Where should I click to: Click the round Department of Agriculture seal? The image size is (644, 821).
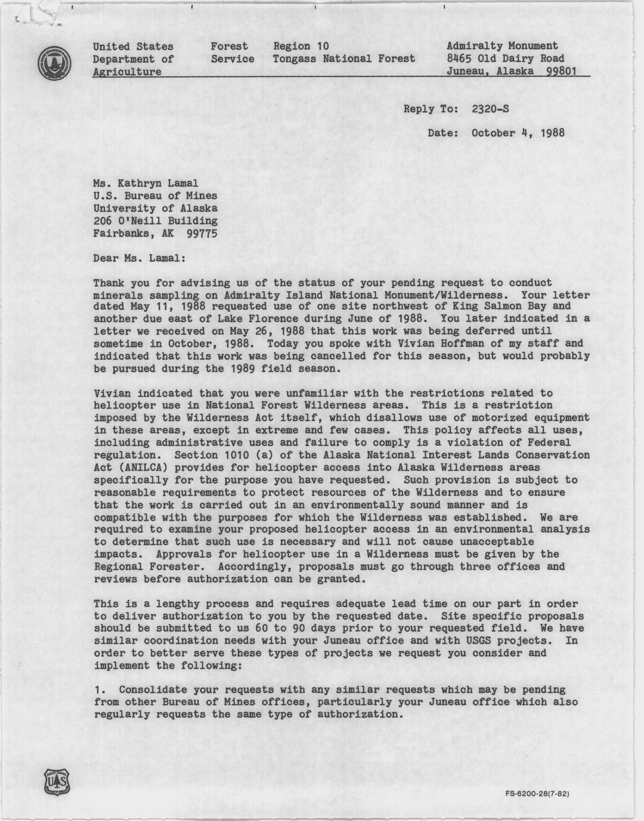coord(55,63)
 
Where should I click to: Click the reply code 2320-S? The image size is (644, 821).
coord(490,109)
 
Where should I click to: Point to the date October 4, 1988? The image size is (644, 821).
coord(518,133)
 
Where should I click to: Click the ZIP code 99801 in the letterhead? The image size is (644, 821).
coord(561,71)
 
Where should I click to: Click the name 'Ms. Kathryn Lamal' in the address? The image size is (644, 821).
coord(146,184)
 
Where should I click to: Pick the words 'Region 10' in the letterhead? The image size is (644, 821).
coord(301,46)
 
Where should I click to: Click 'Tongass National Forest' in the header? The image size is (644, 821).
coord(344,59)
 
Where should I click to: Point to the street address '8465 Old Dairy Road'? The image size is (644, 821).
coord(505,59)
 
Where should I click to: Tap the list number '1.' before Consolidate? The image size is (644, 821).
coord(100,690)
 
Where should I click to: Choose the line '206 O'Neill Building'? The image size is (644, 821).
coord(155,221)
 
